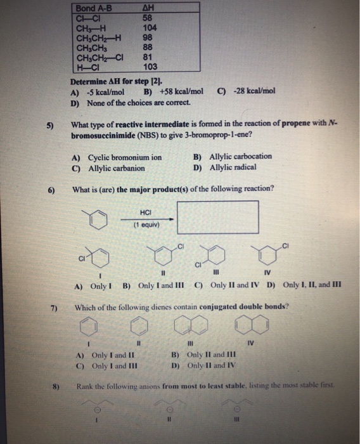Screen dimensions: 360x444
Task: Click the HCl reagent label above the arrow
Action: [x=146, y=212]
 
